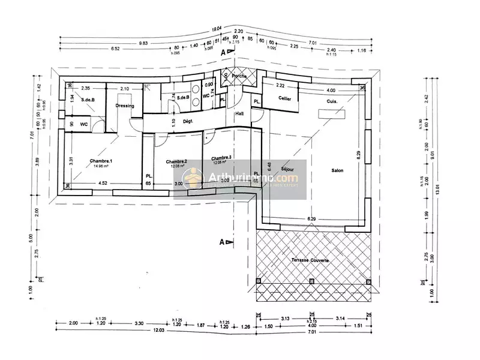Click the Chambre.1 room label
pyautogui.click(x=101, y=161)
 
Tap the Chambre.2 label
pyautogui.click(x=176, y=161)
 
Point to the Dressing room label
pyautogui.click(x=124, y=106)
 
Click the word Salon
pyautogui.click(x=337, y=171)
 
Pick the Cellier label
pyautogui.click(x=284, y=98)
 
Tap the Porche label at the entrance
pyautogui.click(x=239, y=76)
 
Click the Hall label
pyautogui.click(x=239, y=113)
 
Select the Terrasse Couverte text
pyautogui.click(x=310, y=259)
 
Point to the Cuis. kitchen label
pyautogui.click(x=332, y=102)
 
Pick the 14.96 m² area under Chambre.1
pyautogui.click(x=101, y=167)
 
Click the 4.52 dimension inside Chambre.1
pyautogui.click(x=103, y=184)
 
